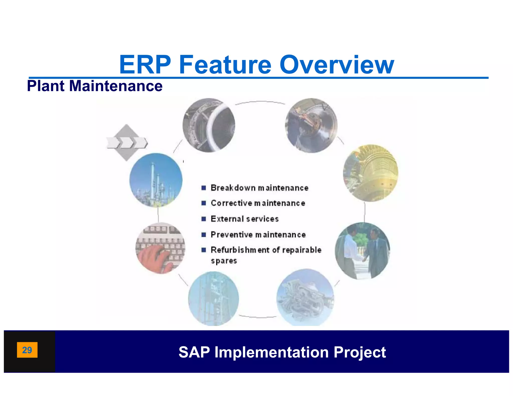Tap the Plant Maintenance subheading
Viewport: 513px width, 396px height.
coord(95,86)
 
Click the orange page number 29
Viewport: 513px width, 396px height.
coord(27,350)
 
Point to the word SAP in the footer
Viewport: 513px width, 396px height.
coord(194,352)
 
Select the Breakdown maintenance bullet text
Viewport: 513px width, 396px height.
coord(259,188)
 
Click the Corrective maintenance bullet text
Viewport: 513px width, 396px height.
coord(258,203)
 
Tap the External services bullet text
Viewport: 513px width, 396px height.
coord(244,219)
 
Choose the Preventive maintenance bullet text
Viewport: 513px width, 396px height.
coord(258,235)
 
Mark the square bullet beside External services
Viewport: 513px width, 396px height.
coord(204,219)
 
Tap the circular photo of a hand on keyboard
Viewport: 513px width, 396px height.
coord(160,248)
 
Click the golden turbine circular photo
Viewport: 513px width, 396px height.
coord(370,173)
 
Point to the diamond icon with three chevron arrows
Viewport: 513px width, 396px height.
coord(127,143)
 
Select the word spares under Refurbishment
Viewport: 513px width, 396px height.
coord(224,261)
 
